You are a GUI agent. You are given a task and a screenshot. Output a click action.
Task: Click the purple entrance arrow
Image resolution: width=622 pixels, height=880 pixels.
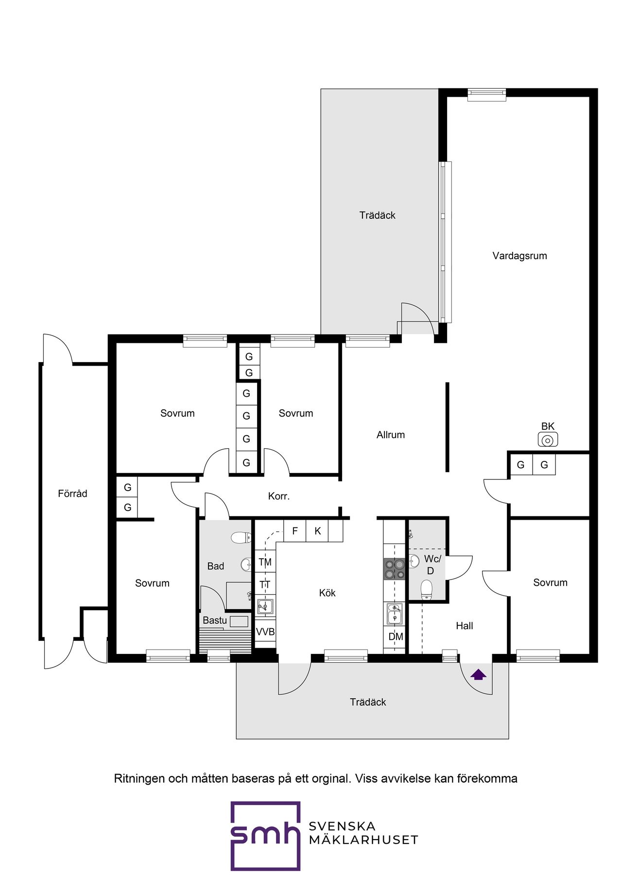point(479,674)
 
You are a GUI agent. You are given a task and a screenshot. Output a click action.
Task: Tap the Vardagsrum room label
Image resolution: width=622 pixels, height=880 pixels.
point(519,256)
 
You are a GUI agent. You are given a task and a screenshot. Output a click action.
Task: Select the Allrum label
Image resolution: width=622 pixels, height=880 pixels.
point(391,435)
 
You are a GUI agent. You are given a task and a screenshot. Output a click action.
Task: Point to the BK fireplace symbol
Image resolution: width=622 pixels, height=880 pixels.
point(548,440)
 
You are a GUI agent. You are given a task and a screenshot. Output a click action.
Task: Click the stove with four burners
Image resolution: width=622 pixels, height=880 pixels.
point(394,569)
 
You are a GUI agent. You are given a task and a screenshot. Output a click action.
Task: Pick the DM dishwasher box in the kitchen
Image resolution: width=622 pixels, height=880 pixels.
point(396,636)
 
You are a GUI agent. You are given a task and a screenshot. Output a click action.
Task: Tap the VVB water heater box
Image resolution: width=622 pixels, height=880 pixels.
point(265,632)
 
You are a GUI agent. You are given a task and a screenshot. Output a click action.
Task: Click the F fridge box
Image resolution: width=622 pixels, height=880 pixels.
point(295,531)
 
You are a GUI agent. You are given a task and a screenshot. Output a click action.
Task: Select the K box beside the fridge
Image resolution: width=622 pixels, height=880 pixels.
point(317,531)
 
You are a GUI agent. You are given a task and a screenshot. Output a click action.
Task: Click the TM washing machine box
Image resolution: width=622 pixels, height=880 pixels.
point(265,562)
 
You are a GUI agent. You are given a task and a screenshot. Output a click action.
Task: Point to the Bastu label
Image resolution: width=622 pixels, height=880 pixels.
point(215,620)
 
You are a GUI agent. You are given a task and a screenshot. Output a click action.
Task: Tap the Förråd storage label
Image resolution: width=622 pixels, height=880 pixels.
point(72,493)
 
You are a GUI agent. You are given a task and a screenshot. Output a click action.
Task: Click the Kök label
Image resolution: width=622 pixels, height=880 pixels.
point(327,593)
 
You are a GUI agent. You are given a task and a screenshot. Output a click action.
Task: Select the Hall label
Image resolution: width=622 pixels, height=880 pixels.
point(464,626)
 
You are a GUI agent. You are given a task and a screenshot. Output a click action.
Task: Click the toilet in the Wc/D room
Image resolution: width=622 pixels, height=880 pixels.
point(426,589)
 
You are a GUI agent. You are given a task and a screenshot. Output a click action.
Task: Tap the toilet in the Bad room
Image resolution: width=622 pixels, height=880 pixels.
point(241,537)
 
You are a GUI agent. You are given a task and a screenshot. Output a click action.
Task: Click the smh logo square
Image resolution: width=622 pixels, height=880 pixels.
point(265,836)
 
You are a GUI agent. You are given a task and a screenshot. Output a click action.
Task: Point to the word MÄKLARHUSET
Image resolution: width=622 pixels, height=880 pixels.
point(363,840)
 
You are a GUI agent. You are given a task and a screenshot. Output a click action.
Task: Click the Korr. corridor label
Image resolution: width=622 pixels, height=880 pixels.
point(279,496)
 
